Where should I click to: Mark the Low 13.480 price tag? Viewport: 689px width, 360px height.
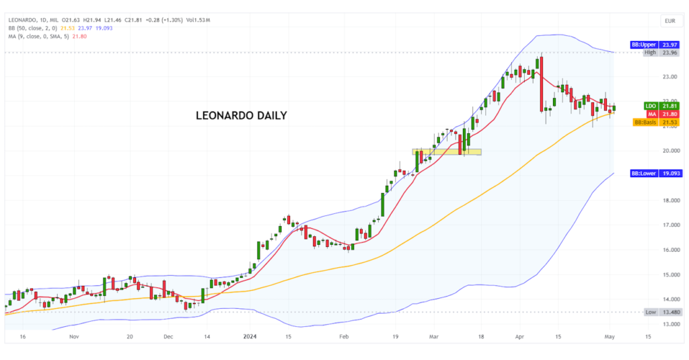point(657,312)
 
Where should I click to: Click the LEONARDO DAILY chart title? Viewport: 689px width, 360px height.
point(241,116)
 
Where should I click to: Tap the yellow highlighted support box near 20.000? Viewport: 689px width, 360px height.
point(447,152)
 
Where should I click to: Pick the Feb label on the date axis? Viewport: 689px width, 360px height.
point(344,336)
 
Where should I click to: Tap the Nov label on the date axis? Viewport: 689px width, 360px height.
point(74,336)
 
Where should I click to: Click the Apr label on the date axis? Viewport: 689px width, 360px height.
point(519,336)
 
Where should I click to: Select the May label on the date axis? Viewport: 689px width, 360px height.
point(610,336)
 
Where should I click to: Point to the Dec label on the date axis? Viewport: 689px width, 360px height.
point(168,336)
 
